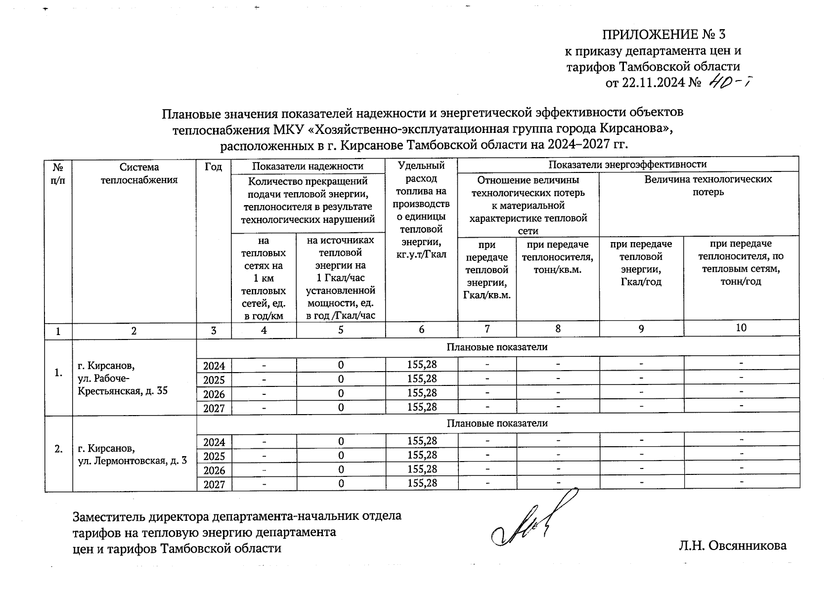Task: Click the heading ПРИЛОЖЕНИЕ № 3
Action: (x=663, y=35)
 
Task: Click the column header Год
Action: (x=214, y=167)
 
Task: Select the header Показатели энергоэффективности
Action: (x=627, y=164)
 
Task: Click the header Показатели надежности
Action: (x=308, y=166)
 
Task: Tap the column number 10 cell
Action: (x=741, y=328)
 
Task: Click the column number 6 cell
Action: (x=421, y=330)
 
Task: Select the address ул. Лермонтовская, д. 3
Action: (x=132, y=461)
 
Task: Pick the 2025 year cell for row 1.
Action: (x=214, y=380)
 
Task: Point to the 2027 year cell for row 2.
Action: (x=214, y=485)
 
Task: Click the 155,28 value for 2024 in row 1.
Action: (x=422, y=365)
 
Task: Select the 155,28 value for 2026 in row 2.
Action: (x=422, y=469)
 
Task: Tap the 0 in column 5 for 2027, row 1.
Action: (x=341, y=408)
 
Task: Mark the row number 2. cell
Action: (x=58, y=449)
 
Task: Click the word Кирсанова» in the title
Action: (x=636, y=129)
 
